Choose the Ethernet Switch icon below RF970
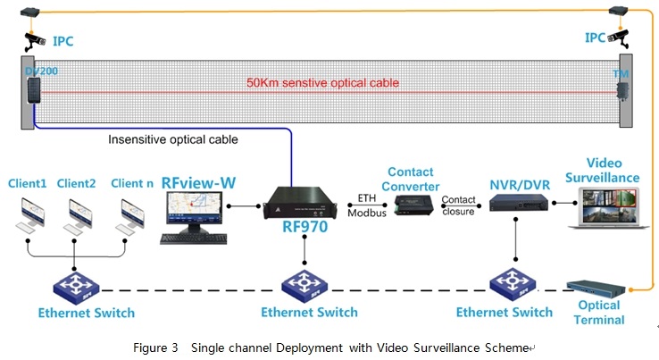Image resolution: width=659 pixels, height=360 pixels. click(x=305, y=287)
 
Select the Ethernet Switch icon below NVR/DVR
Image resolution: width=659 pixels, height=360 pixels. click(x=516, y=287)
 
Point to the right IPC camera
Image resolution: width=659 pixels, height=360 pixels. click(x=619, y=38)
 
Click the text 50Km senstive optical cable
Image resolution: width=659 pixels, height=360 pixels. click(x=322, y=83)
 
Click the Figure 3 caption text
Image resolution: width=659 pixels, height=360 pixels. click(x=329, y=347)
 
